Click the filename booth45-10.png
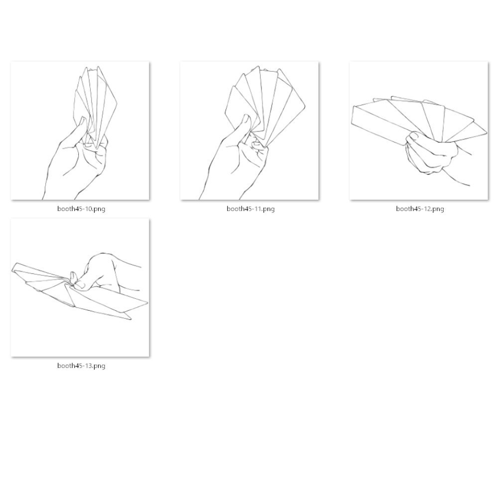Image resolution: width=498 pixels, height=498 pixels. [x=81, y=209]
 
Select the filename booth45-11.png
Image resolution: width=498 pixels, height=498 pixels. [x=250, y=209]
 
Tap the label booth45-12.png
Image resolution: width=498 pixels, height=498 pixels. [x=420, y=209]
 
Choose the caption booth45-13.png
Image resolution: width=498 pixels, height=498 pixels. [x=81, y=366]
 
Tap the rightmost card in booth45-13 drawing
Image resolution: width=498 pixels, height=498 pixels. [x=108, y=300]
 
